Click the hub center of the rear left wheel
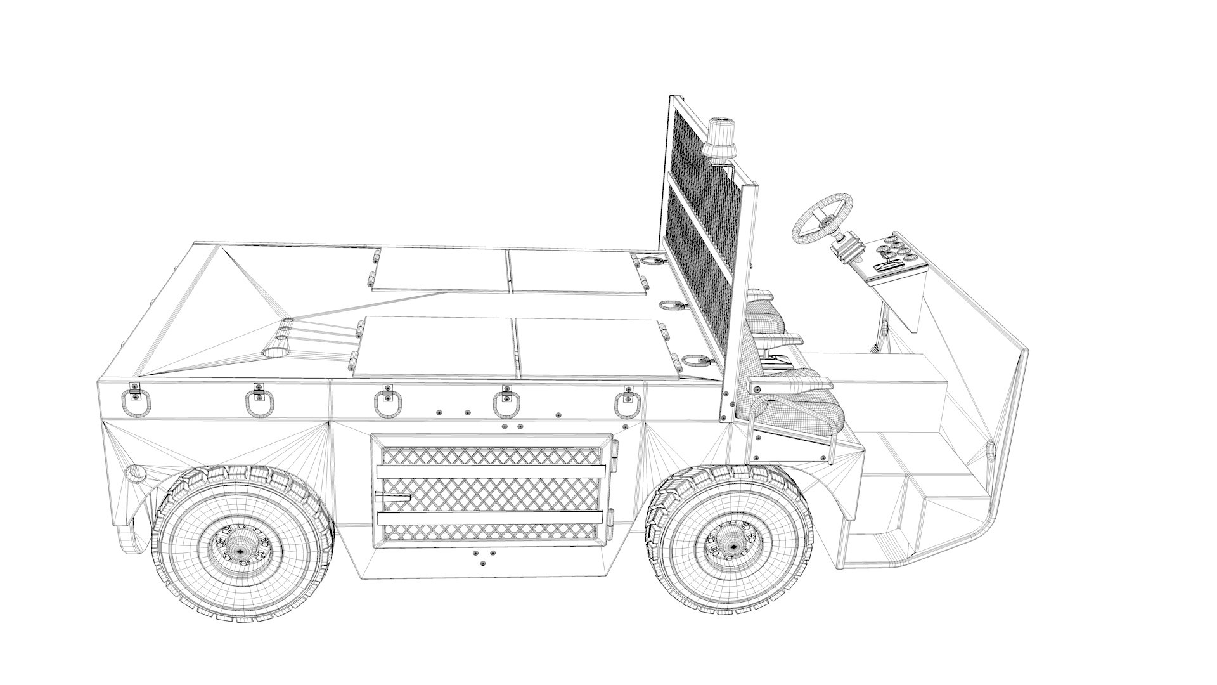click(240, 551)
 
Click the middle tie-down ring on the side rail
click(384, 403)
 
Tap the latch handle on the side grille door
click(392, 497)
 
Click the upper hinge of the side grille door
click(612, 450)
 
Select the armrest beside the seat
click(789, 386)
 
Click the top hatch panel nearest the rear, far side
click(440, 270)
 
